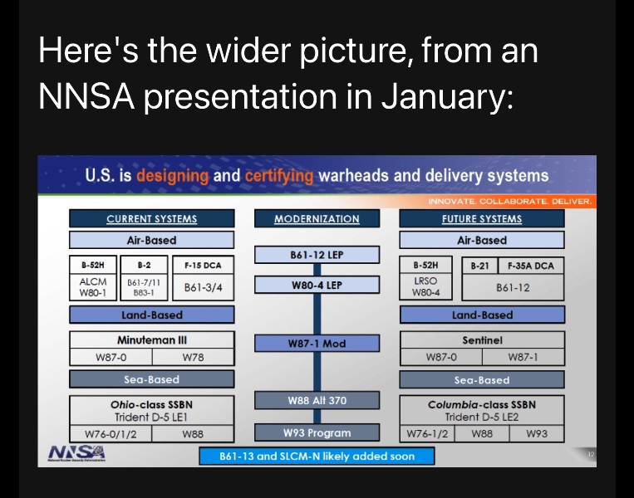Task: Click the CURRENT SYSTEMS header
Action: (151, 219)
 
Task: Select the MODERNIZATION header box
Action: (317, 219)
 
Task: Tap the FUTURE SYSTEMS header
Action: (482, 219)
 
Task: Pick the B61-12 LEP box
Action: (317, 255)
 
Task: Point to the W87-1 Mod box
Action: (317, 344)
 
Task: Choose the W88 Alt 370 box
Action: (317, 401)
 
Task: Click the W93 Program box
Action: (317, 432)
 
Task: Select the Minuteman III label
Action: (151, 340)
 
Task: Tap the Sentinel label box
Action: (482, 340)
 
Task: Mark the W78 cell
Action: (193, 358)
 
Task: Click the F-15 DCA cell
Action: (204, 265)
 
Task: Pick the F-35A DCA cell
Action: (531, 266)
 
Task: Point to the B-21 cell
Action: (479, 266)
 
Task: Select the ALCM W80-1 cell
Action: (92, 287)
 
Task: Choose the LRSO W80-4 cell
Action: (425, 287)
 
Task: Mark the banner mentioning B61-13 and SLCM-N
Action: (317, 456)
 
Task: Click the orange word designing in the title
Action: (173, 175)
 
